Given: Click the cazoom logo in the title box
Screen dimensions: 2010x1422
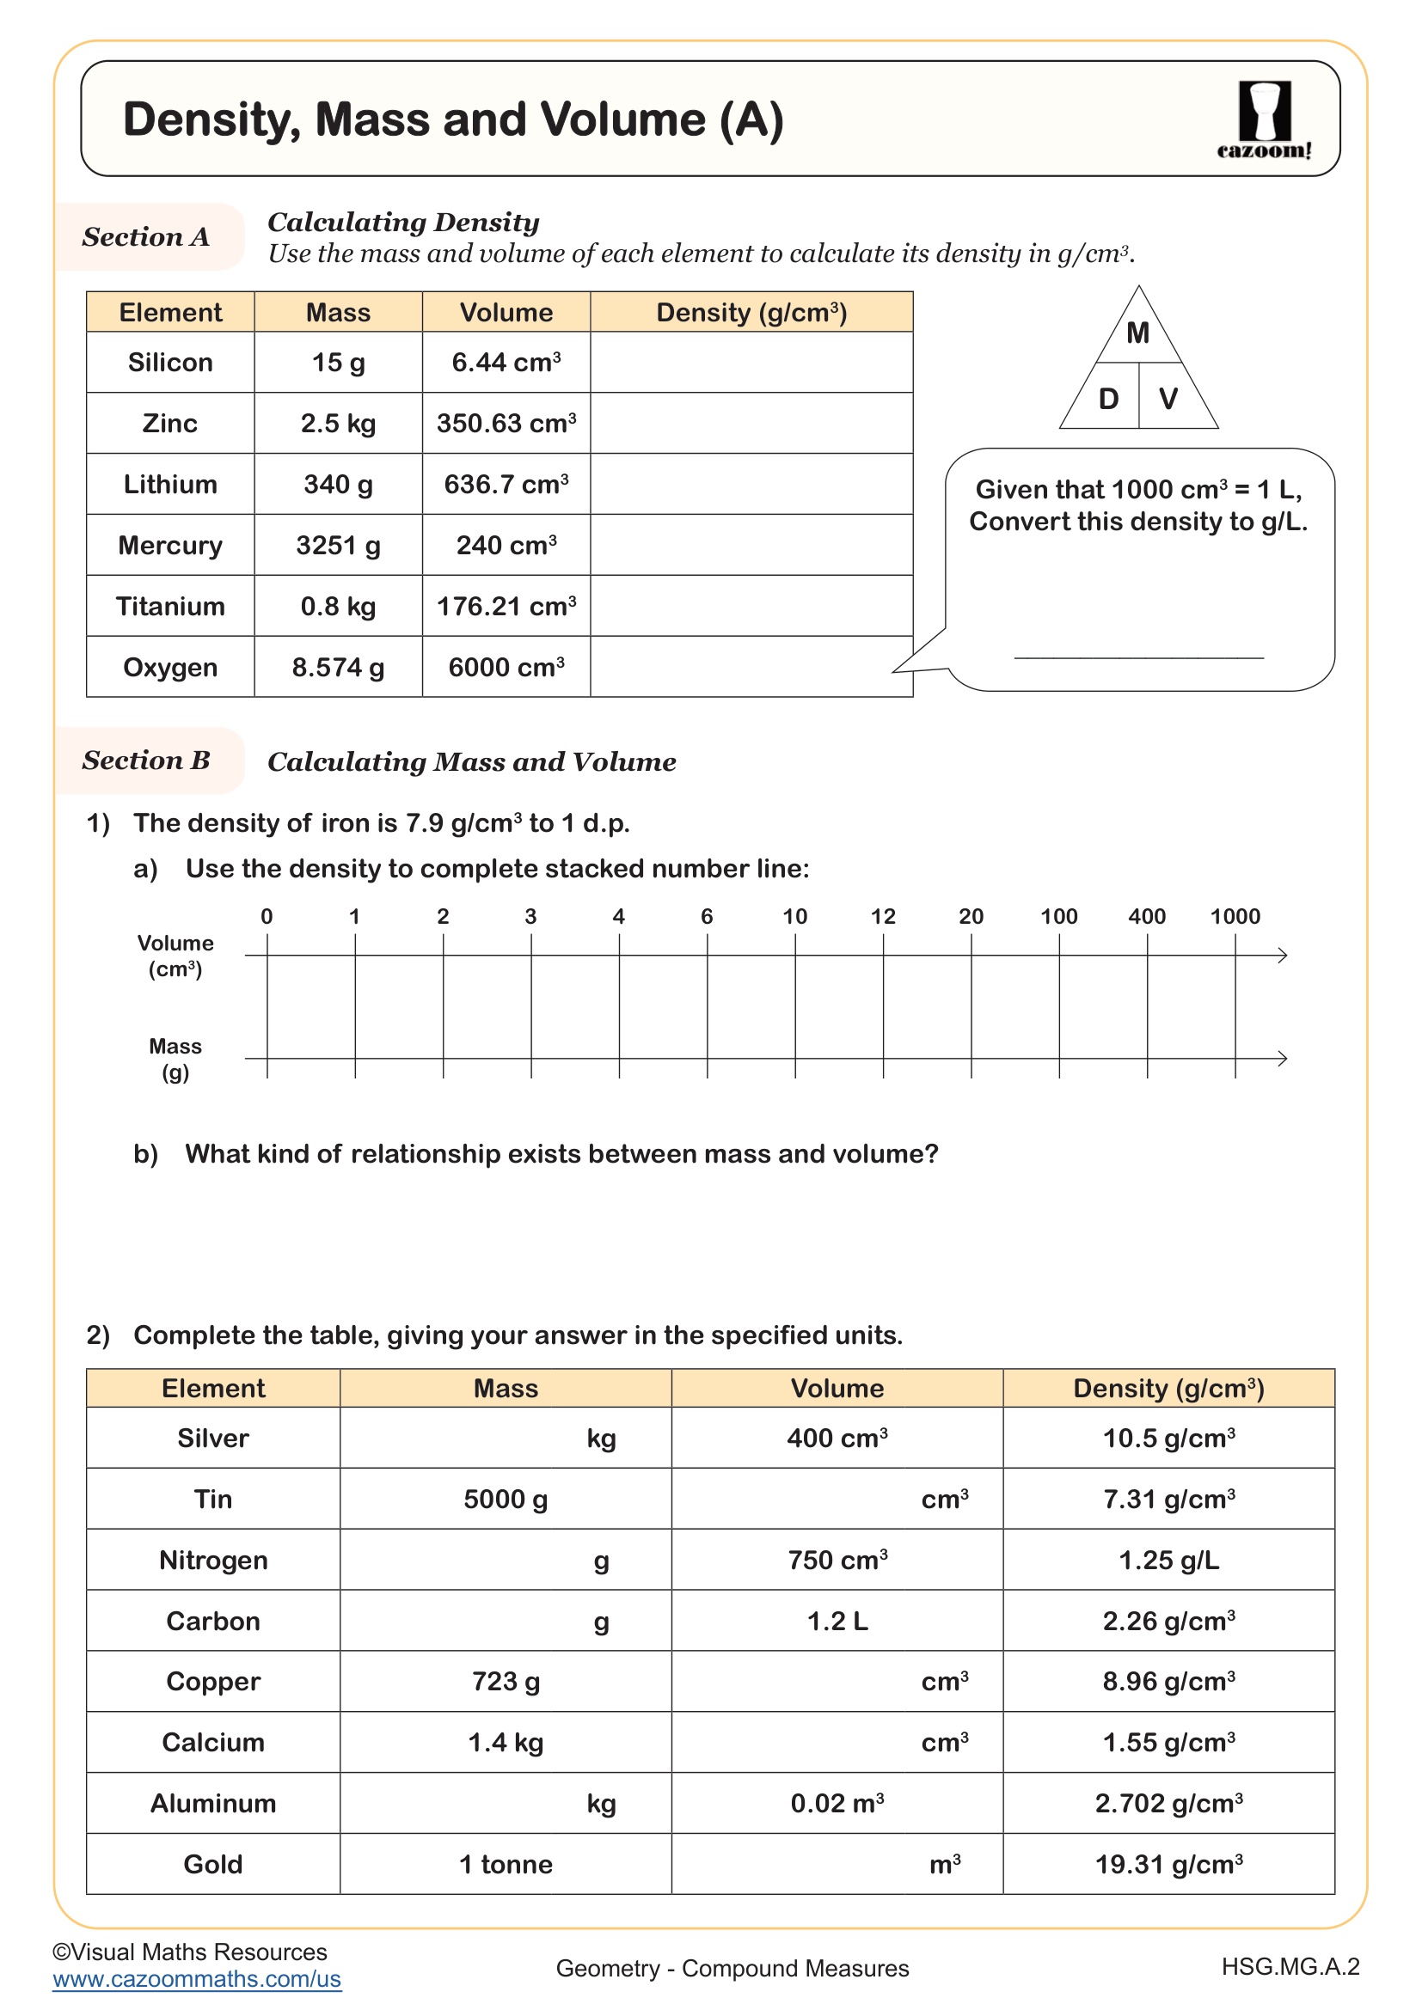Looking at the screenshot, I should point(1264,119).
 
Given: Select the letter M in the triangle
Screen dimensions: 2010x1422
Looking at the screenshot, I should point(1137,333).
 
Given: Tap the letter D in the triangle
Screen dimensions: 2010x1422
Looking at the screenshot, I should point(1108,400).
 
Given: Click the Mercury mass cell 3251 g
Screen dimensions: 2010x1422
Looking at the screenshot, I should point(338,546).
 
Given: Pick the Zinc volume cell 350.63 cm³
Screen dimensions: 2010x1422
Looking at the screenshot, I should point(506,424).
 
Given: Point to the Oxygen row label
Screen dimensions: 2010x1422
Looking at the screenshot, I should point(170,667).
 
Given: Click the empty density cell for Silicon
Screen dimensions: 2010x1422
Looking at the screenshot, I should point(751,363).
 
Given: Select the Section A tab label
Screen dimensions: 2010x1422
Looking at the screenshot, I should point(146,237).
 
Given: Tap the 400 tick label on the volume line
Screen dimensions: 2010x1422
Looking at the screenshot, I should point(1146,917).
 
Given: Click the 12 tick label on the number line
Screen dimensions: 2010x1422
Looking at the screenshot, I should point(883,917).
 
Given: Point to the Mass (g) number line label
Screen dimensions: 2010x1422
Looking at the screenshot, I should point(175,1060).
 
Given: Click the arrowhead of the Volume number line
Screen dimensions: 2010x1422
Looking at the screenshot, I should point(1282,955).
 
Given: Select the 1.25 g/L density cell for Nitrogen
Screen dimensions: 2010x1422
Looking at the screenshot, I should point(1168,1560).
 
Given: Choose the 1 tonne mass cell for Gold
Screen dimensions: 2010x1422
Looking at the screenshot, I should point(506,1865).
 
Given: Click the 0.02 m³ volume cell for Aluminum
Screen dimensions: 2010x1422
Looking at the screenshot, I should point(837,1804).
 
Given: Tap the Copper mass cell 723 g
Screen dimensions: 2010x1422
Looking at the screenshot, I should point(506,1682).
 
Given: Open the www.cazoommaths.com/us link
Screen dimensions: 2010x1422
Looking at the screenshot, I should point(197,1979).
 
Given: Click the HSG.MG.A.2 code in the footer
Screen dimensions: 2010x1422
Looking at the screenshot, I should point(1290,1967).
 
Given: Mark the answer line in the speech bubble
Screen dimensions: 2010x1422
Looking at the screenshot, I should point(1138,657).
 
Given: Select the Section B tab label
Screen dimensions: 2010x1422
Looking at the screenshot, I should point(146,761).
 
